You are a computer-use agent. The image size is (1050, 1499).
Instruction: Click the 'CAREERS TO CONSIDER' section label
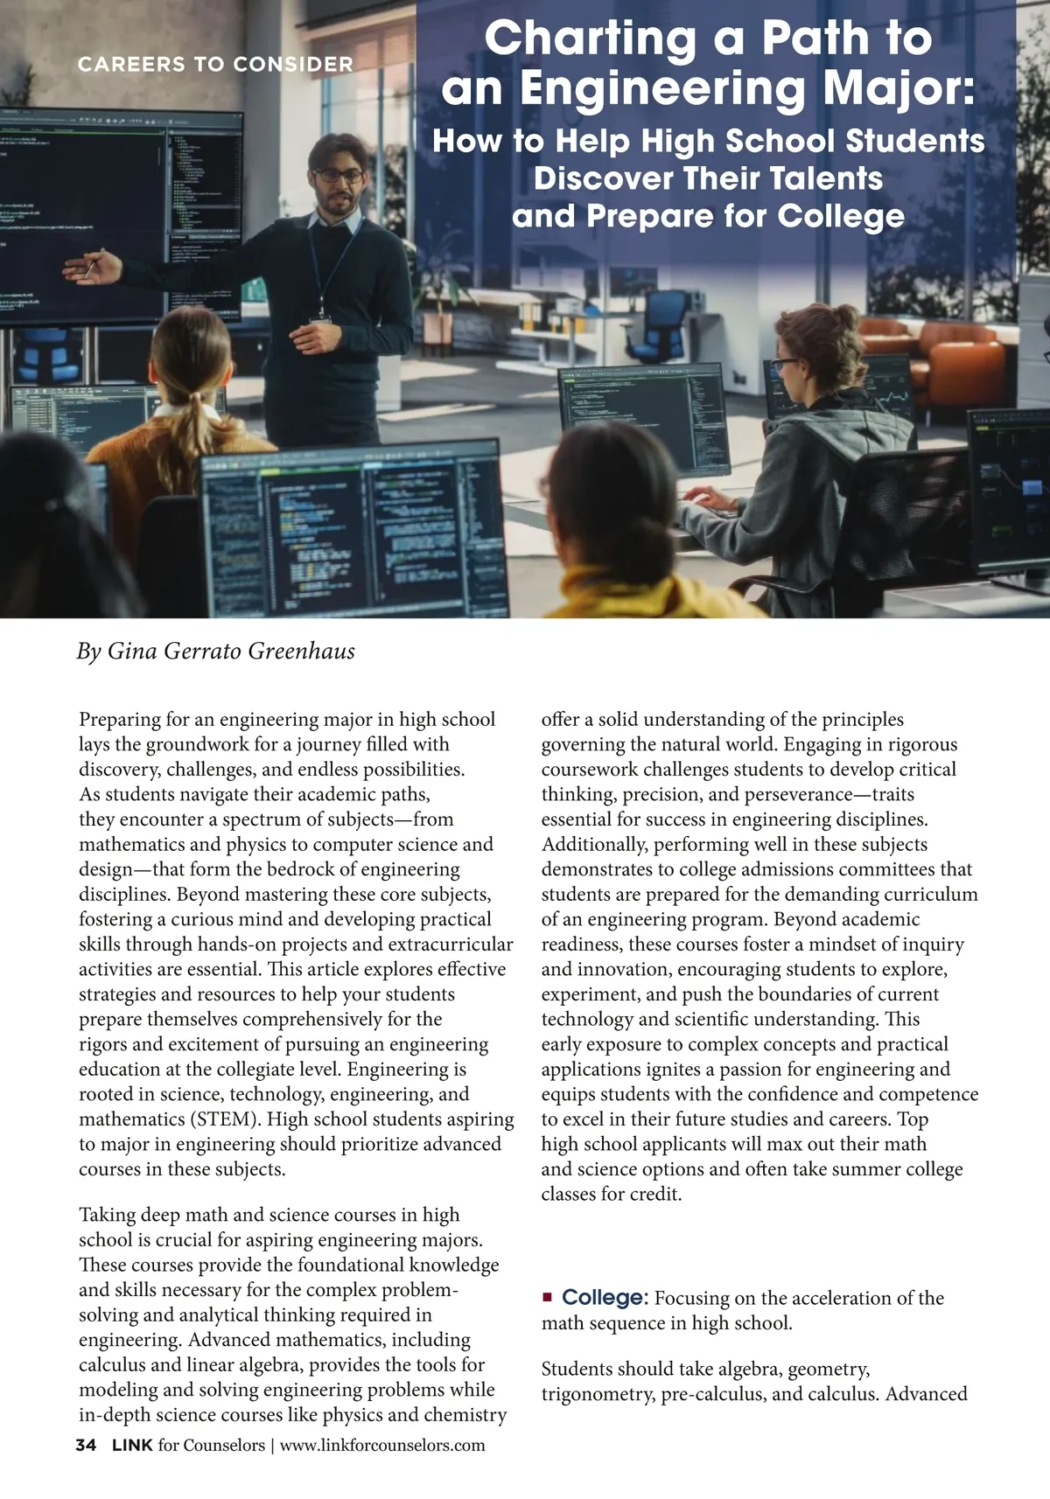tap(215, 64)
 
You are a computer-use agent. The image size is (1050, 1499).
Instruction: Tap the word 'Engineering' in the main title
tap(661, 87)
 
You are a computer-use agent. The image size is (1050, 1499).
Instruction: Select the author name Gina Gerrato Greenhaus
tap(231, 652)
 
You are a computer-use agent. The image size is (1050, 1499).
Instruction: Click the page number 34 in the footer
tap(86, 1445)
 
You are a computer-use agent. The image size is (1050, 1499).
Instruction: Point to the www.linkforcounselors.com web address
tap(382, 1445)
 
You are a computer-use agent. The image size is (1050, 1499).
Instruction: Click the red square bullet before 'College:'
tap(548, 1297)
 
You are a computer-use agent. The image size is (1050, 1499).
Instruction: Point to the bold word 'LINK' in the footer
tap(132, 1445)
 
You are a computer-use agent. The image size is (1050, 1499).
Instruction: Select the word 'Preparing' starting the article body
tap(120, 720)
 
